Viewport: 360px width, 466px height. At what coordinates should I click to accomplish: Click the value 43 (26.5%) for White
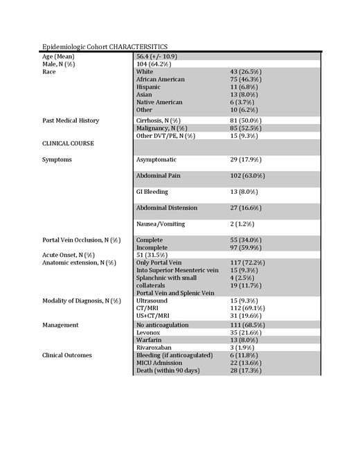pyautogui.click(x=246, y=71)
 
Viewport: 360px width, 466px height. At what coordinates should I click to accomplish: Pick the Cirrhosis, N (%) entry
pyautogui.click(x=162, y=120)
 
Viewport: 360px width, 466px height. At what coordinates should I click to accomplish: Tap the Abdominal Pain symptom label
pyautogui.click(x=158, y=176)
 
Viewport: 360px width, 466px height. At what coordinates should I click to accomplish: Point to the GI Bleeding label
pyautogui.click(x=152, y=192)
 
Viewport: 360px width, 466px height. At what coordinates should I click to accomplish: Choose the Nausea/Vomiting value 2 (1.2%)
pyautogui.click(x=243, y=224)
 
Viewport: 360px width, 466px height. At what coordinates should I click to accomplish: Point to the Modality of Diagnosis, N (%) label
pyautogui.click(x=81, y=301)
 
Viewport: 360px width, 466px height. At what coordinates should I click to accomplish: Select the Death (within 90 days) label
pyautogui.click(x=169, y=371)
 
